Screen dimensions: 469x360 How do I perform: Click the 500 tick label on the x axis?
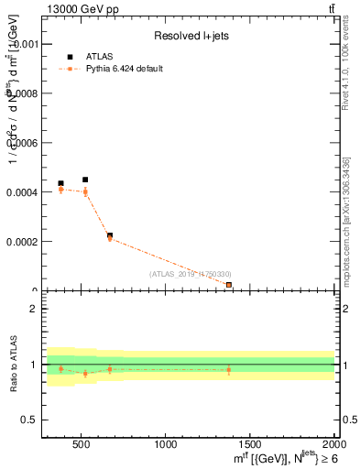click(81, 444)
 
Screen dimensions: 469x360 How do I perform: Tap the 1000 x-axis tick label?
click(166, 444)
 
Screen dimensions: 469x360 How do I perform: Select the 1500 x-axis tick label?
click(250, 444)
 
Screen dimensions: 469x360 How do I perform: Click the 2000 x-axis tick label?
click(333, 444)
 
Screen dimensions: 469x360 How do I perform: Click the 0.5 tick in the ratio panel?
click(29, 420)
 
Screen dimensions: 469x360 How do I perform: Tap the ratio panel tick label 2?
click(33, 309)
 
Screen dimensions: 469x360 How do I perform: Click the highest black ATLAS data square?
click(85, 180)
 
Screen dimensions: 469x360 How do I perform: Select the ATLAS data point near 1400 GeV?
click(229, 285)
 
